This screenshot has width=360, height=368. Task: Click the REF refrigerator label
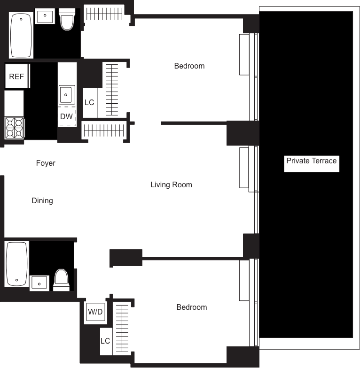pyautogui.click(x=17, y=76)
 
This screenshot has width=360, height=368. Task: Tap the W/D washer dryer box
pyautogui.click(x=95, y=312)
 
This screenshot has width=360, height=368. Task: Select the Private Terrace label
pyautogui.click(x=311, y=161)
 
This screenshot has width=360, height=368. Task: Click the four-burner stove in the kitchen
pyautogui.click(x=15, y=128)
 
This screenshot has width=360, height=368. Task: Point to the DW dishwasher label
pyautogui.click(x=67, y=117)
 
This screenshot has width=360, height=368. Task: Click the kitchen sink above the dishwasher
pyautogui.click(x=66, y=96)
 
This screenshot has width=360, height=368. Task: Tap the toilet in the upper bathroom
pyautogui.click(x=67, y=19)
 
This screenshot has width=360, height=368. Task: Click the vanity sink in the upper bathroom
pyautogui.click(x=46, y=17)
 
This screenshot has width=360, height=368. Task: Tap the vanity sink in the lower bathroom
pyautogui.click(x=39, y=283)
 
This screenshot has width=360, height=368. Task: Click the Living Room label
pyautogui.click(x=171, y=185)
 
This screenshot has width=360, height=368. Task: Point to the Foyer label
pyautogui.click(x=46, y=163)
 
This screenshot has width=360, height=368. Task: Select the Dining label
pyautogui.click(x=42, y=201)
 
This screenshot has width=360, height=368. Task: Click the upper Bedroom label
pyautogui.click(x=189, y=66)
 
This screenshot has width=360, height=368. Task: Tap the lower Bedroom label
pyautogui.click(x=191, y=307)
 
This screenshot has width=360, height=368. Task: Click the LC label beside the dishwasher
pyautogui.click(x=89, y=102)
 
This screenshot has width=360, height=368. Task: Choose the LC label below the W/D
pyautogui.click(x=105, y=341)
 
